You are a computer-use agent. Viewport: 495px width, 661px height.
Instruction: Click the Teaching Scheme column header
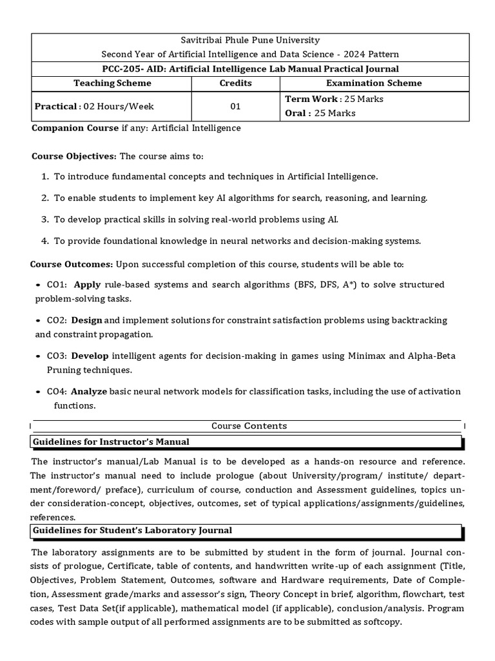point(113,83)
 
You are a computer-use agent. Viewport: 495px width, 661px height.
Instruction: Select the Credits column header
point(235,83)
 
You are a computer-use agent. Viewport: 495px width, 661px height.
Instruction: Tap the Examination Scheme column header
point(374,83)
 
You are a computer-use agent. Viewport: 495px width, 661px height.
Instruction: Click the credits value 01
point(235,107)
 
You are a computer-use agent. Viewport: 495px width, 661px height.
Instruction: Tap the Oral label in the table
point(295,113)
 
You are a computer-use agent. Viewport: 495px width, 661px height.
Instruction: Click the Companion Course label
point(75,128)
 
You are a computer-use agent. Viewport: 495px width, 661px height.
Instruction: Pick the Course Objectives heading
point(74,157)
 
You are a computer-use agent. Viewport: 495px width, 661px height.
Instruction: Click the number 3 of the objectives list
point(45,219)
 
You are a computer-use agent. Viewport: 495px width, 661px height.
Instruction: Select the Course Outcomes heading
point(72,265)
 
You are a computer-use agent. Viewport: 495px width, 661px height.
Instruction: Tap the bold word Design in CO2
point(87,320)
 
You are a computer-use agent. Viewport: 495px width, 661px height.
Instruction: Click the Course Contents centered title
point(249,426)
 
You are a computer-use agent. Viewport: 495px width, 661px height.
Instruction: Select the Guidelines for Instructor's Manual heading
point(111,442)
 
